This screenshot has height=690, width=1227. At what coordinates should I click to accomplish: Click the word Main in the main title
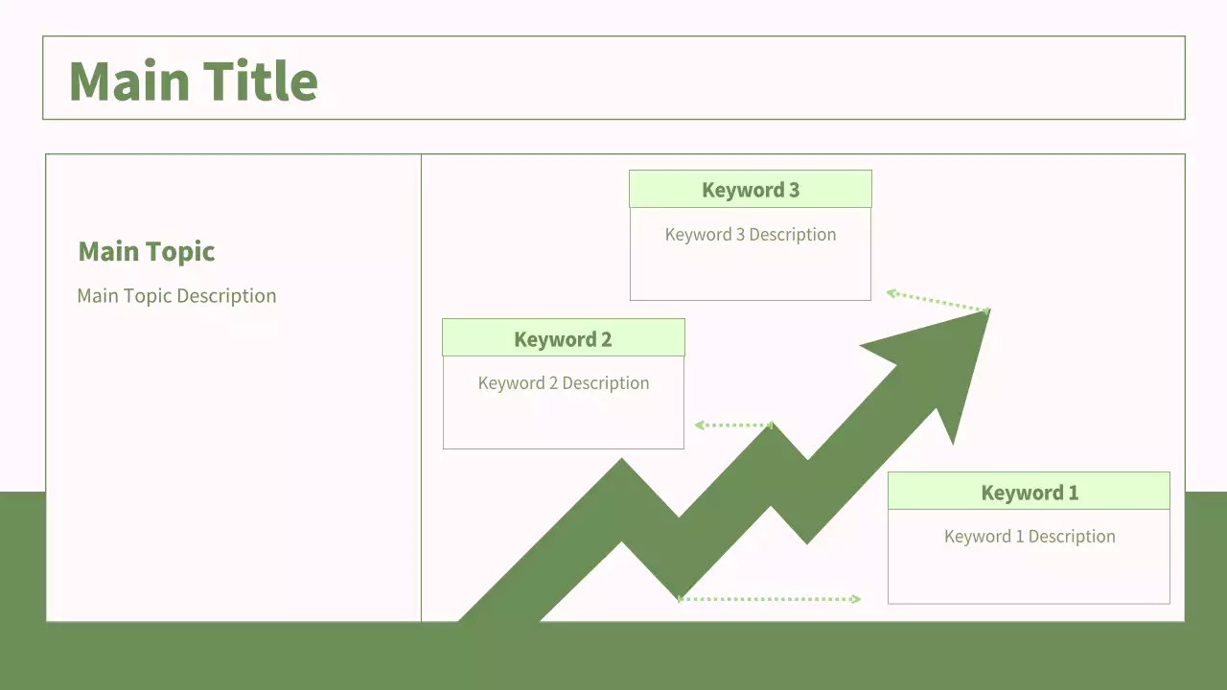pos(129,81)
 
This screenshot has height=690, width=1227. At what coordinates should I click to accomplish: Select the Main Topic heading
pos(147,252)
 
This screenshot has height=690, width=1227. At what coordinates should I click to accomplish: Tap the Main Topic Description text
pos(176,296)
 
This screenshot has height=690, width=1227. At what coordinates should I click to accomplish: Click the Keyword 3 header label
pos(751,190)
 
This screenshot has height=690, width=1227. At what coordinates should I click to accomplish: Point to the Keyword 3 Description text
pos(751,235)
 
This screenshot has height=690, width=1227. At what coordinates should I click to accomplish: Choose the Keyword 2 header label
pos(563,339)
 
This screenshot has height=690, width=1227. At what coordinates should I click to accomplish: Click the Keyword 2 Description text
pos(564,382)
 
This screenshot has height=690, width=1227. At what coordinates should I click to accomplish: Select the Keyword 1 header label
pos(1030,493)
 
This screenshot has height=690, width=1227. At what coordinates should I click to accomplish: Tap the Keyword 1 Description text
pos(1030,536)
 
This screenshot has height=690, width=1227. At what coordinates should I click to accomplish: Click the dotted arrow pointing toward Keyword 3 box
pos(938,302)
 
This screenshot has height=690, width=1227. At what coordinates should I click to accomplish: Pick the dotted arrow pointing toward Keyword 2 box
pos(734,425)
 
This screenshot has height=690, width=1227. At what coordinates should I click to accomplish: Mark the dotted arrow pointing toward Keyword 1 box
pos(769,599)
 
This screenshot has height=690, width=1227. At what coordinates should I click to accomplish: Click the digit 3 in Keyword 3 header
pos(795,190)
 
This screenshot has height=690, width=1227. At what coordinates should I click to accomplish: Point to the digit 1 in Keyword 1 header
pos(1074,493)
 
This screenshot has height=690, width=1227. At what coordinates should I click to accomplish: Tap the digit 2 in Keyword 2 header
pos(607,339)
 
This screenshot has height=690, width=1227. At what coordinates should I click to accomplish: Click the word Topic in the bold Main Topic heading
pos(180,252)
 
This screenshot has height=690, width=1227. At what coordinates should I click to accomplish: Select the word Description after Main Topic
pos(227,296)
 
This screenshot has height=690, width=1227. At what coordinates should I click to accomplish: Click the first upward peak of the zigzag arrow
pos(622,459)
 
